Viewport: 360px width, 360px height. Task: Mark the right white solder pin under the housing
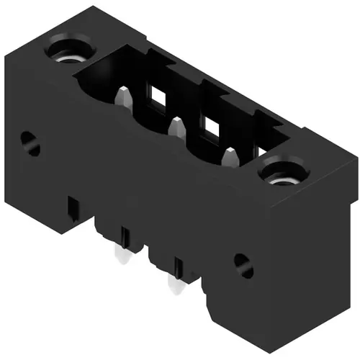(x=174, y=285)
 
